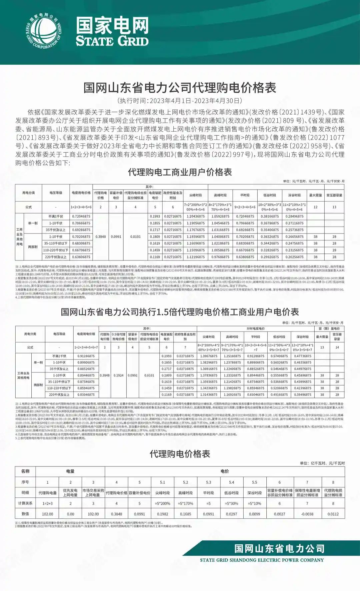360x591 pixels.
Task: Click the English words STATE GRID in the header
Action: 112,41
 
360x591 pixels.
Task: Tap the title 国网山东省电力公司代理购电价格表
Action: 180,88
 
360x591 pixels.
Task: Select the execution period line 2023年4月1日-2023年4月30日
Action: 180,101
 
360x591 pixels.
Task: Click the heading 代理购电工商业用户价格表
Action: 180,172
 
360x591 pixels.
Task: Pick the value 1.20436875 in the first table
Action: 195,217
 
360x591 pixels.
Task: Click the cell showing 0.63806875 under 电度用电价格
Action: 81,257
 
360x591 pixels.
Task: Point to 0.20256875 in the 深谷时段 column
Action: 294,257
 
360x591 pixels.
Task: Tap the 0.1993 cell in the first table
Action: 155,217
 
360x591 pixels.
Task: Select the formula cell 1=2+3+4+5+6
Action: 81,207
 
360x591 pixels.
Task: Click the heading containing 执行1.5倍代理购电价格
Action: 180,312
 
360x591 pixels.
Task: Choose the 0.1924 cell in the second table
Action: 118,375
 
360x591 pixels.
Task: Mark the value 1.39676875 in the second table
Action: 209,356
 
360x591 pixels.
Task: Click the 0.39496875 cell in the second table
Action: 302,395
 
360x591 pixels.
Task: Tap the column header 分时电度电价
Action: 256,328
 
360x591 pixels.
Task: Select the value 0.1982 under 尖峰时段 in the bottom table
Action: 162,514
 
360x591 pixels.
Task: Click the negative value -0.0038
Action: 307,514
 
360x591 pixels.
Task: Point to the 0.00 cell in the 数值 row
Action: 70,514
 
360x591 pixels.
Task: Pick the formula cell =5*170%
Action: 185,503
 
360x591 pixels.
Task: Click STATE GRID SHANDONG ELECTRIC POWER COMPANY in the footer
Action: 262,560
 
